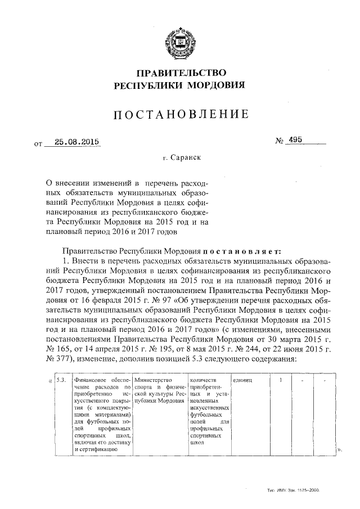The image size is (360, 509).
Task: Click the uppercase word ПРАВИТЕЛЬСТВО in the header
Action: pyautogui.click(x=179, y=73)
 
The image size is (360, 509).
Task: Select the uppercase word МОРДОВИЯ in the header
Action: pyautogui.click(x=217, y=85)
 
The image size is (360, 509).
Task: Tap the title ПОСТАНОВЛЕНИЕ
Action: pyautogui.click(x=180, y=115)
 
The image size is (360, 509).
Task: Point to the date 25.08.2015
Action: pyautogui.click(x=73, y=142)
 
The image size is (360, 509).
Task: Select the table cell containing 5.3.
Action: pyautogui.click(x=61, y=380)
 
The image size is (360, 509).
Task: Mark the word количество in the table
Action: pyautogui.click(x=204, y=380)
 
